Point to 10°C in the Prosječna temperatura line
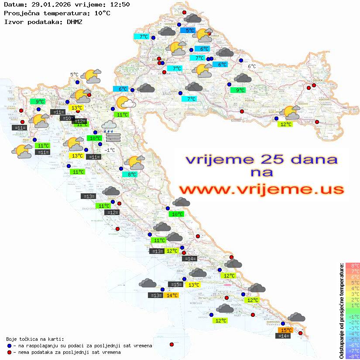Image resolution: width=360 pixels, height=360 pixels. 102,13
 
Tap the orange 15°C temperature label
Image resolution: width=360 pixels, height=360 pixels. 286,330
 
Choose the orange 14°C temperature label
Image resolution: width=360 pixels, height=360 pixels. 172,295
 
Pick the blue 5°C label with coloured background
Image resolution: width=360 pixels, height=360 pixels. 190,31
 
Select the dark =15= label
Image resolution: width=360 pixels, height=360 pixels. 175,285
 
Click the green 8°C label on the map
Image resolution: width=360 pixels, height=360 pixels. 132,175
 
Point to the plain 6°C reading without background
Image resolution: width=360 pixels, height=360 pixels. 252,66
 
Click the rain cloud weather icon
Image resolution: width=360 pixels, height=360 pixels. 109,126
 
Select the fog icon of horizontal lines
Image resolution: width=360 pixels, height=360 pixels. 113,137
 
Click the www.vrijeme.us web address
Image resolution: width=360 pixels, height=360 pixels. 261,189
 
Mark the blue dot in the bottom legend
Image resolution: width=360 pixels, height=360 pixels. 9,346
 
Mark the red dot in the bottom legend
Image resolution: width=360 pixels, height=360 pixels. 9,352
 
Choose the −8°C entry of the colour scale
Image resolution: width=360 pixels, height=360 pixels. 352,356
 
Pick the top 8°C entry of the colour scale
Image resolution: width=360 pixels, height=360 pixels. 352,265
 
